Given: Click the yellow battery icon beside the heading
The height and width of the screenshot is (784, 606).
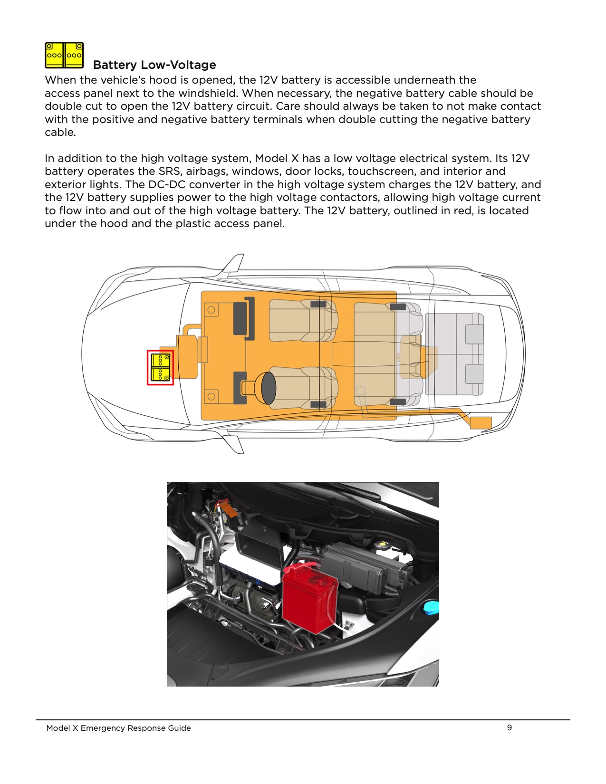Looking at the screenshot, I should coord(64,55).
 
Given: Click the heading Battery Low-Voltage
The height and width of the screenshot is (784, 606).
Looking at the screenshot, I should coord(154,65).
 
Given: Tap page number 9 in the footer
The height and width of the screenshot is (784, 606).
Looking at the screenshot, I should coord(510,727).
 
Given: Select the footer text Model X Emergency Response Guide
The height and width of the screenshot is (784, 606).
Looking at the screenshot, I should coord(118,728).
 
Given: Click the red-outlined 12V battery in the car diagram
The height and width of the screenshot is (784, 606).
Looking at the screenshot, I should coord(160,368).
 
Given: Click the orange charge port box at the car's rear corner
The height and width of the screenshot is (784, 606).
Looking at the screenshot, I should coord(481,422).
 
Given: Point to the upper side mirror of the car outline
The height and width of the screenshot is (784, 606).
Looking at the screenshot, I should coord(234,264).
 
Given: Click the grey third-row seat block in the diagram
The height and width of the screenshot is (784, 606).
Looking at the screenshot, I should coord(454,354).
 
